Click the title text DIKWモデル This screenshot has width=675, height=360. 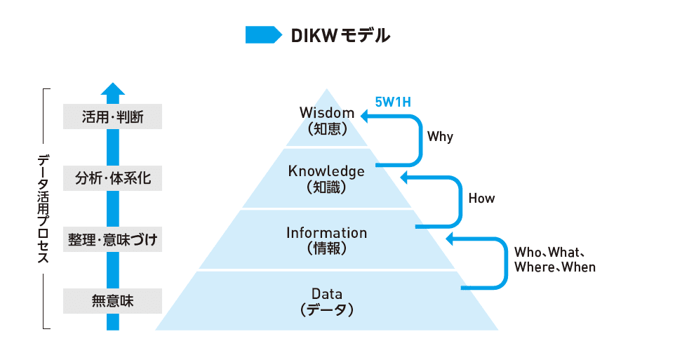click(340, 34)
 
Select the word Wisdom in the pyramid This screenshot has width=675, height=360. click(326, 112)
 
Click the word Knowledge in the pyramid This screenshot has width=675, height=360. click(326, 171)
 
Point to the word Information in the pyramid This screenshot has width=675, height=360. click(326, 232)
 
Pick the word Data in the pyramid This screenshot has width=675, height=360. click(326, 293)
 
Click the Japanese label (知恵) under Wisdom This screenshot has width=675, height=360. click(326, 128)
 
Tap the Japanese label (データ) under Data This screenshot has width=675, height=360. click(326, 309)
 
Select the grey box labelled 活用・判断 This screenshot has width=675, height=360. click(112, 116)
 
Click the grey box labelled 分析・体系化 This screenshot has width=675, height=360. click(112, 178)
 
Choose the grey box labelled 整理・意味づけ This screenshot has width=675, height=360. click(112, 240)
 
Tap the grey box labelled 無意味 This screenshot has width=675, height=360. click(112, 302)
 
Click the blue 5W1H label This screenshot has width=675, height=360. click(393, 102)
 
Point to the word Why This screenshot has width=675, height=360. click(441, 137)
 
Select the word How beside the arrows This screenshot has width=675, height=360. click(481, 199)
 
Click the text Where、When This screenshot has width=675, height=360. click(554, 267)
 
